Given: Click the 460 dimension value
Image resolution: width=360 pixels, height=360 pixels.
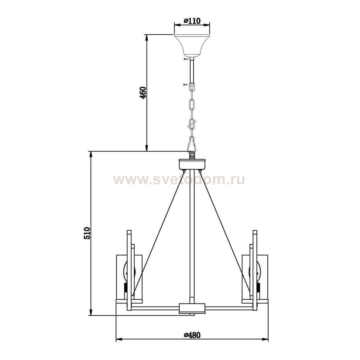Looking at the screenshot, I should pos(143,93).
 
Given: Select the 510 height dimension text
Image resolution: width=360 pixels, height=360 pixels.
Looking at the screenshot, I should pos(87,233).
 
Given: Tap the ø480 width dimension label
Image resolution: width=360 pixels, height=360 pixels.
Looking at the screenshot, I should pos(192,335).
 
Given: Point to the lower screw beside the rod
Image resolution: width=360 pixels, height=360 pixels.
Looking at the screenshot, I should pos(185,84).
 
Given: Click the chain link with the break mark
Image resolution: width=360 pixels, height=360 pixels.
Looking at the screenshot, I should pos(192,123).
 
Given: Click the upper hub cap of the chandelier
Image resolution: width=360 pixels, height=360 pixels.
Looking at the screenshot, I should pos(192,164).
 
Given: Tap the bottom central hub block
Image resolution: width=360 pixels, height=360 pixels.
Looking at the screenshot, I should pos(192,308).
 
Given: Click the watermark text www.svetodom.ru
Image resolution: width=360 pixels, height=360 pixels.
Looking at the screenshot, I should pos(179,180).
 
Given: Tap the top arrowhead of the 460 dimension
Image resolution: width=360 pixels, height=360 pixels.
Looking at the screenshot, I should pos(147,38).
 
